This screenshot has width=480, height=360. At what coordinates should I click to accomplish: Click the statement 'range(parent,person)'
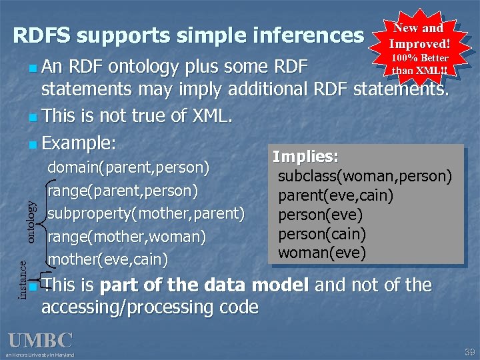[x=123, y=191]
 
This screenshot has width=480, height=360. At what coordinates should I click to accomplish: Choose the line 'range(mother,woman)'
[x=126, y=236]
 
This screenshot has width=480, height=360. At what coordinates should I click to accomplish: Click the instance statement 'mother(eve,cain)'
[x=112, y=258]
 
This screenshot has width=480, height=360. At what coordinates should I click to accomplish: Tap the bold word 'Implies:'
[x=305, y=157]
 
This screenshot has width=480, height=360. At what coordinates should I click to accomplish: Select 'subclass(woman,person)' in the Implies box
[x=365, y=177]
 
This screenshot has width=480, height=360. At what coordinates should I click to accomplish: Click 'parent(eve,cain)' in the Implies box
[x=335, y=196]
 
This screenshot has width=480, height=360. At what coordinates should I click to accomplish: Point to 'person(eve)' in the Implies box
[x=320, y=215]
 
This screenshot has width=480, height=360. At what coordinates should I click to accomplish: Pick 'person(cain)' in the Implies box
[x=322, y=234]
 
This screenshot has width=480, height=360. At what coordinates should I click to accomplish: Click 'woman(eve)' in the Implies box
[x=322, y=253]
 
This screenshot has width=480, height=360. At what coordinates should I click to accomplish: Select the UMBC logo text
[x=40, y=340]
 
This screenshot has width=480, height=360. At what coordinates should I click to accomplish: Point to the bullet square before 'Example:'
[x=33, y=144]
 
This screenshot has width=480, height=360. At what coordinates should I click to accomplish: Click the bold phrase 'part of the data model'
[x=204, y=285]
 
